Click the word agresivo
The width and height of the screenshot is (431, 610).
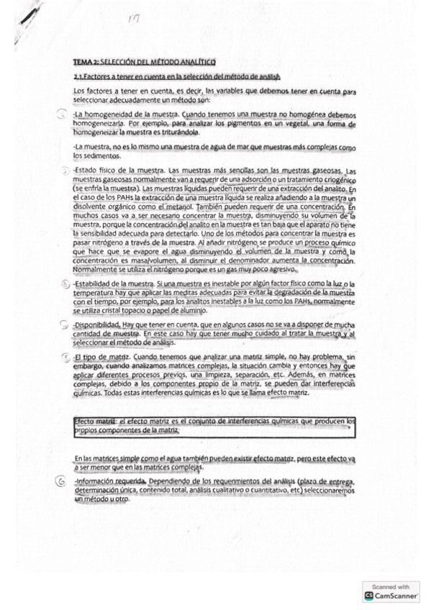click(277, 269)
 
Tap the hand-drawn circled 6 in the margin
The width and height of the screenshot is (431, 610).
click(63, 481)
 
